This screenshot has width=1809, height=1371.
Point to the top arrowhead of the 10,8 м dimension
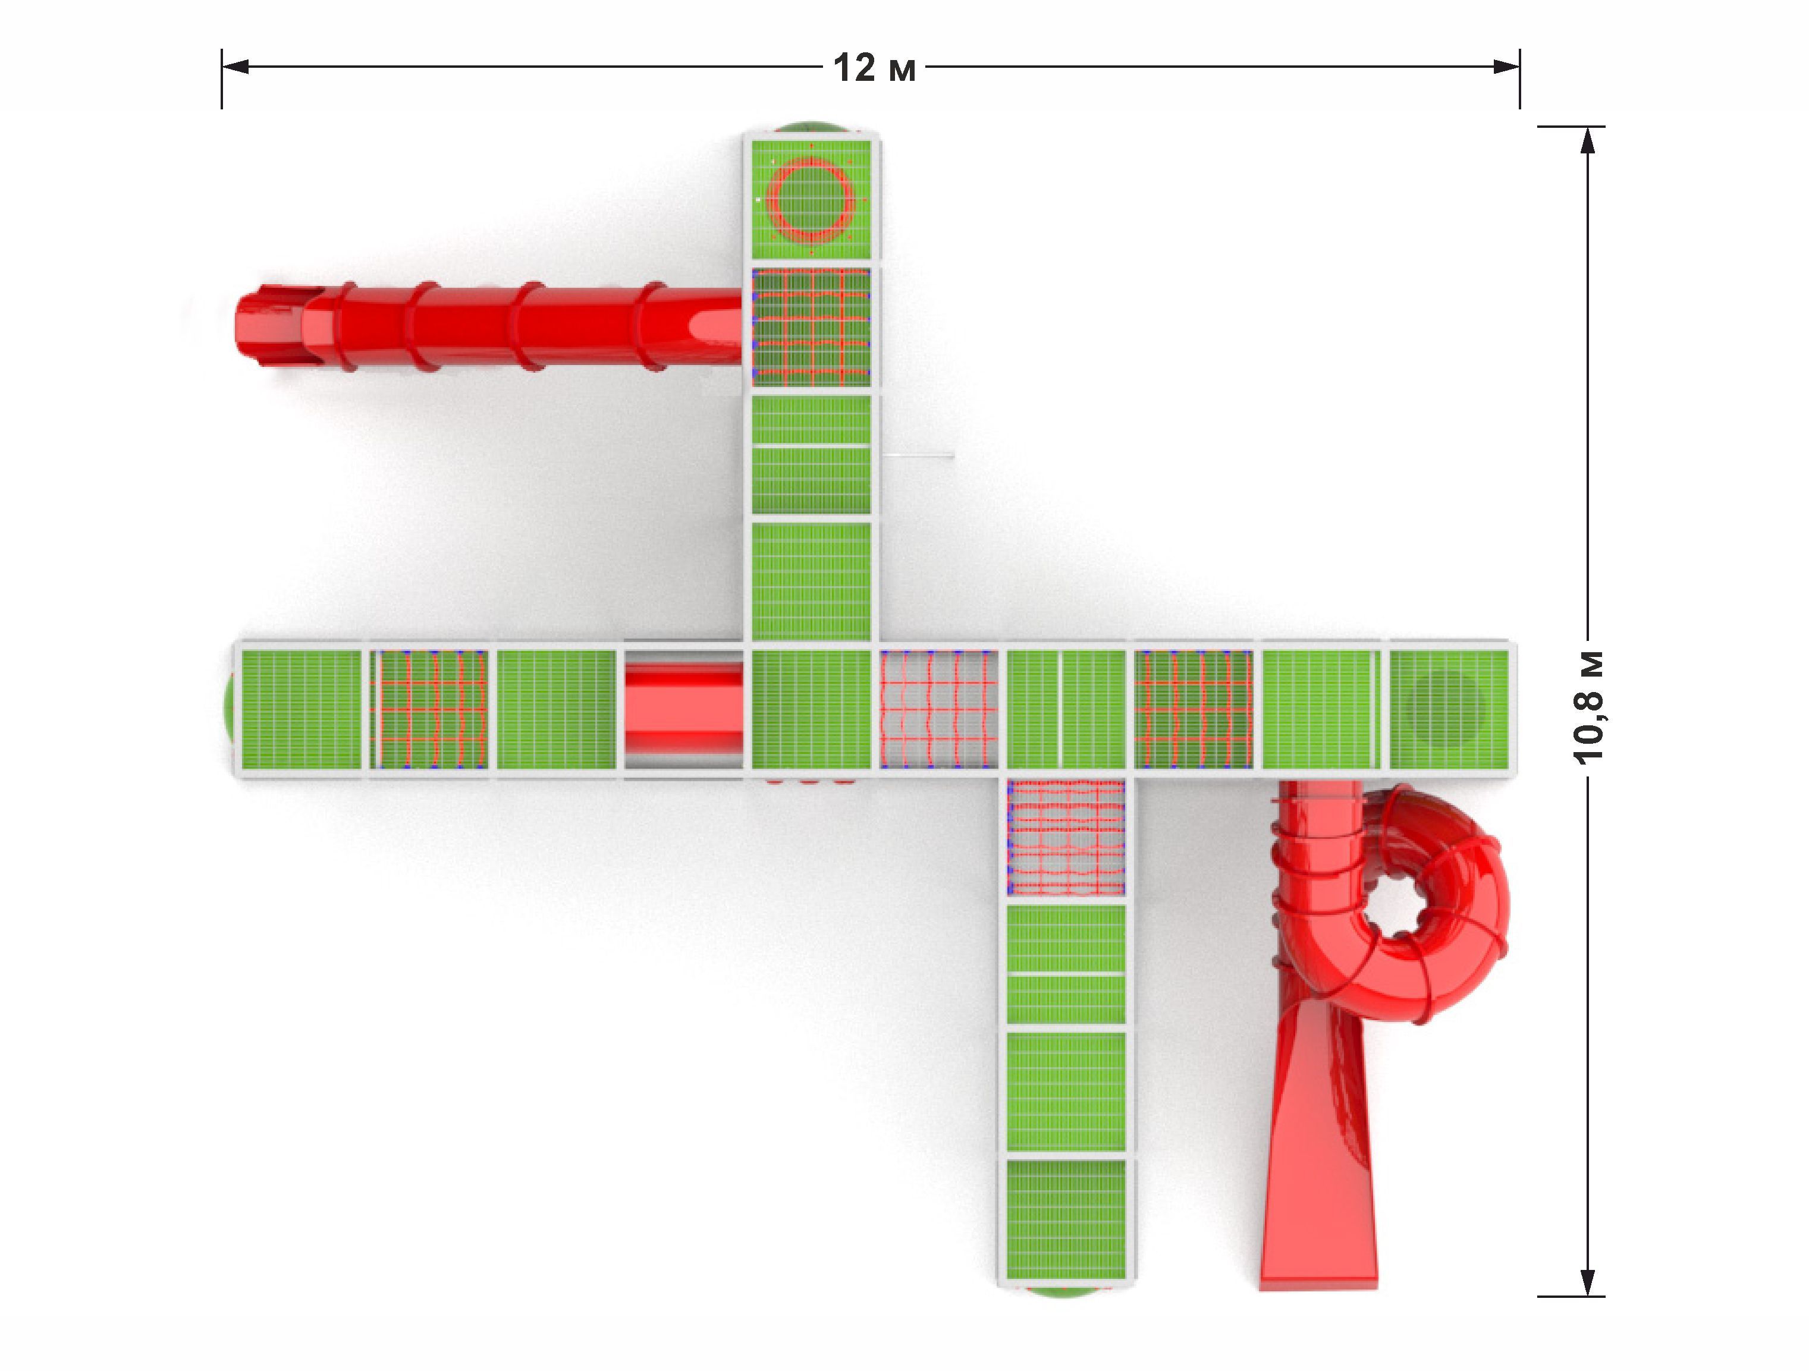[x=1587, y=141]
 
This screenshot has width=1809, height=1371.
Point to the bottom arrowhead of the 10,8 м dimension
[x=1587, y=1282]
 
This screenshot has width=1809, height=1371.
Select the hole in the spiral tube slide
[x=1403, y=909]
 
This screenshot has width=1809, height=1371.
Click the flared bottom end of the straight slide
[x=1318, y=1251]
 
